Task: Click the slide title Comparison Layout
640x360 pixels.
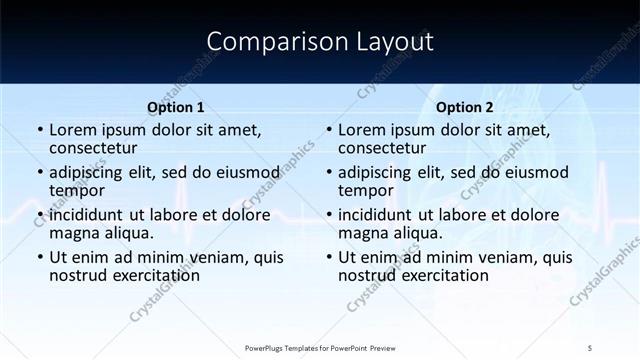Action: click(x=319, y=42)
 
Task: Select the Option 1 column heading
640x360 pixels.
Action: click(x=176, y=107)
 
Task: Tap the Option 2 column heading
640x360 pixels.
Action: click(x=465, y=107)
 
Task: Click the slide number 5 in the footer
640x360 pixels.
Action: click(x=590, y=348)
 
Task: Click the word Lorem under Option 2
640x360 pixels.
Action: click(x=363, y=130)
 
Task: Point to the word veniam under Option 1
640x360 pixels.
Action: click(x=220, y=257)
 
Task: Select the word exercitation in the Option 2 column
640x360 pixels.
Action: click(x=443, y=275)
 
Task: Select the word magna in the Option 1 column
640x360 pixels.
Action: click(x=76, y=233)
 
